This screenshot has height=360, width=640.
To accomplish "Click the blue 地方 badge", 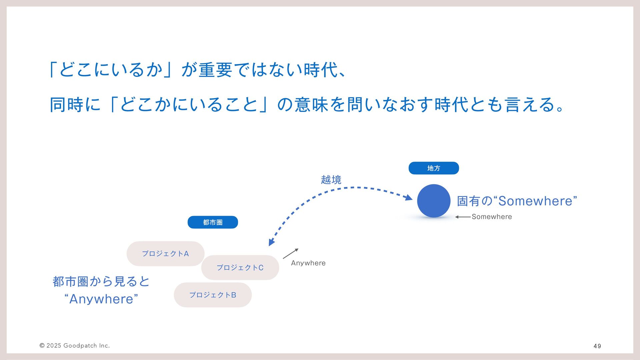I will click(434, 168).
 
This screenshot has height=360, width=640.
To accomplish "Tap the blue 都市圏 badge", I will click(213, 222).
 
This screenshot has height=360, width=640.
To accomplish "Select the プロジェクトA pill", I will click(165, 254).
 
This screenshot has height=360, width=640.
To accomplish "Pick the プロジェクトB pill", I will click(213, 295).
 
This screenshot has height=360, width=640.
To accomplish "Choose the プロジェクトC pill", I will click(240, 268).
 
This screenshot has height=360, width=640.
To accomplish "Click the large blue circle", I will click(434, 201).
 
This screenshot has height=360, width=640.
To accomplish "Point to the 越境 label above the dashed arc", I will click(331, 180).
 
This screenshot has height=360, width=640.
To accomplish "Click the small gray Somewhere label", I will click(492, 217).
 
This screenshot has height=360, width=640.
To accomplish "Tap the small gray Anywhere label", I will click(308, 263).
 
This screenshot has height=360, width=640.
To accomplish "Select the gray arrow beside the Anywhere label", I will click(290, 254).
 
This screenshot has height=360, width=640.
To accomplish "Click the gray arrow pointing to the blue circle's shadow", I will click(463, 217).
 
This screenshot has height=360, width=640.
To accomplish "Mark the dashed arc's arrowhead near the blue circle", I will click(409, 197).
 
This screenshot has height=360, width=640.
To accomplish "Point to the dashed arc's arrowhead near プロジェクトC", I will click(271, 242).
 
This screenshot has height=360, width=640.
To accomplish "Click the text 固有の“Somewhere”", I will click(517, 201).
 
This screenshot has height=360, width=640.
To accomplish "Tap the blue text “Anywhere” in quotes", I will click(101, 299).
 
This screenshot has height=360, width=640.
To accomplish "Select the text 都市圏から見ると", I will click(101, 282).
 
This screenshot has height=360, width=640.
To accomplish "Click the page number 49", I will click(597, 346).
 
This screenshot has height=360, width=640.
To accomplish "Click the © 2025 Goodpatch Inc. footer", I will click(75, 346).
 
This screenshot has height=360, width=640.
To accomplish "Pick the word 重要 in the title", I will click(215, 70).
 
